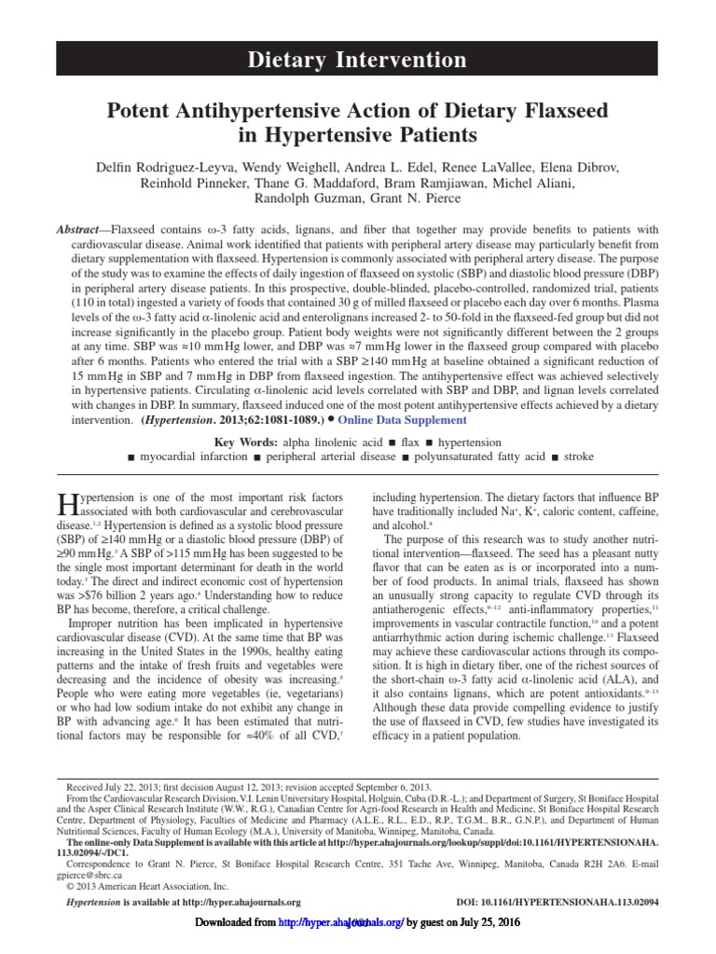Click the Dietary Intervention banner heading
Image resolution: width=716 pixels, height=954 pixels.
[x=357, y=61]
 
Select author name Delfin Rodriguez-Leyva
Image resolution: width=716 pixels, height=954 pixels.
[x=169, y=166]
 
